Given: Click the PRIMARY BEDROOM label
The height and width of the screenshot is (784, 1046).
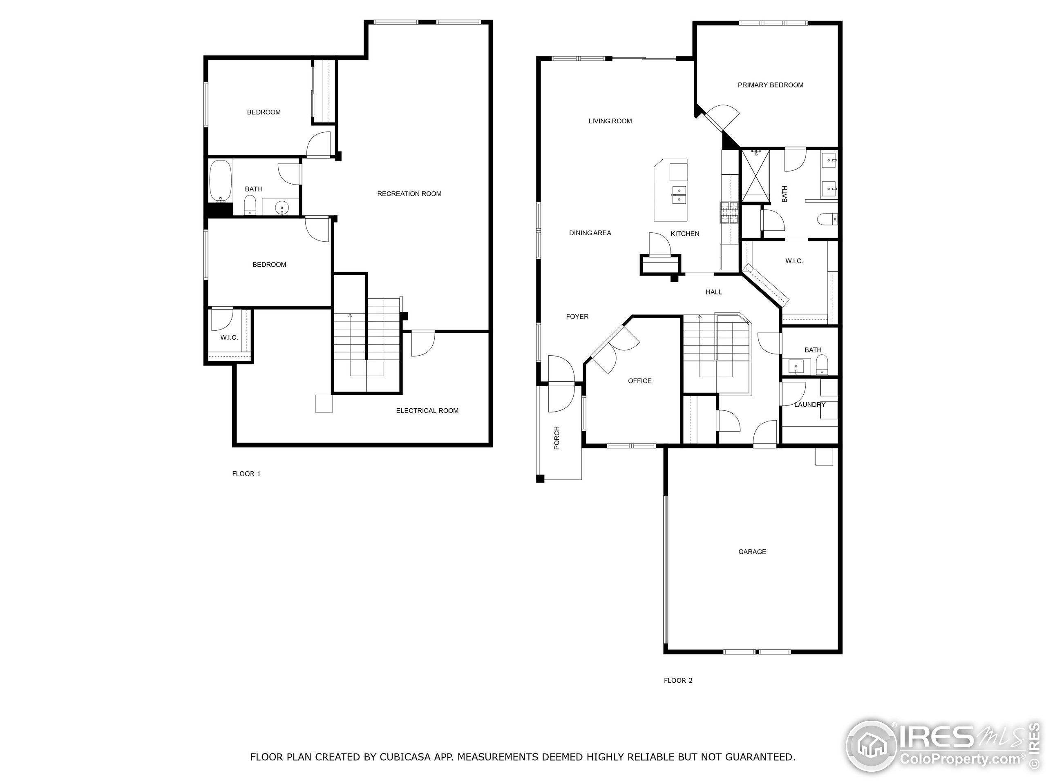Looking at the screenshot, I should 770,85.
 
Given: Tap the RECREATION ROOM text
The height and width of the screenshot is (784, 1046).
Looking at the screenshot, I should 409,194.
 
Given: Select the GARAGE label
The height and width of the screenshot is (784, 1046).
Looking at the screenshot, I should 752,552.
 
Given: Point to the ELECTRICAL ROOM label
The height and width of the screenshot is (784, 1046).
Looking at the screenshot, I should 427,411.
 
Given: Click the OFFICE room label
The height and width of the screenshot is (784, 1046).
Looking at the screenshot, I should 639,381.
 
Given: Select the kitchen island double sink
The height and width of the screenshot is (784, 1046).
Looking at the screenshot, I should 679,195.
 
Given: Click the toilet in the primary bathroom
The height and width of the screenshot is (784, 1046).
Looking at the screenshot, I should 827,219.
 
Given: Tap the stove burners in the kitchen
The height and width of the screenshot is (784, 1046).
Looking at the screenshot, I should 729,212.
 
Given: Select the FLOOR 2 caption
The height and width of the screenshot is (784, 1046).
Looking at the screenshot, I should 677,681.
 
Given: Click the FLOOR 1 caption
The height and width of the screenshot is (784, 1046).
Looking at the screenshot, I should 246,474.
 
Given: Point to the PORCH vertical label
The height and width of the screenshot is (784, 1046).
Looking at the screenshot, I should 557,438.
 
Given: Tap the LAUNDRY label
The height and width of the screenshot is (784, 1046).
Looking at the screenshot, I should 809,405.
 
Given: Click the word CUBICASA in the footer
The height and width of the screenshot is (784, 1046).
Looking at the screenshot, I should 405,757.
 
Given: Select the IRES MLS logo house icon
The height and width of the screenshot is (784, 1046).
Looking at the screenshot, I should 871,747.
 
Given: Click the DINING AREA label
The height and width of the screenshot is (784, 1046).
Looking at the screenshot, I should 590,233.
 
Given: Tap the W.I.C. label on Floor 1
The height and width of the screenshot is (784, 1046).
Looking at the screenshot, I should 229,337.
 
